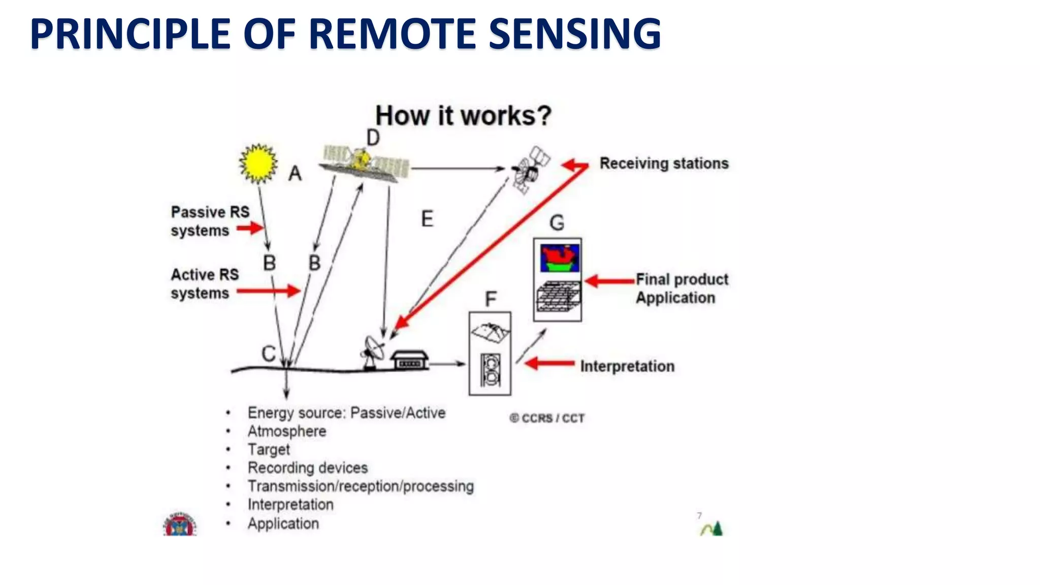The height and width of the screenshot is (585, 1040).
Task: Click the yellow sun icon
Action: (x=258, y=163)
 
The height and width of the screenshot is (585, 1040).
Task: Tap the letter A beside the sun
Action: (x=295, y=174)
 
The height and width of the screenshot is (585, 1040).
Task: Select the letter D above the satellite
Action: (x=373, y=138)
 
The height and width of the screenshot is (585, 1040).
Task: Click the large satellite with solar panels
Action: (x=365, y=162)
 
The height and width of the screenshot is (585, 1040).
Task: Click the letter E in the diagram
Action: (x=427, y=219)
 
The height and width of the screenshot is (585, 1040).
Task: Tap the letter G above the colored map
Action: (x=557, y=222)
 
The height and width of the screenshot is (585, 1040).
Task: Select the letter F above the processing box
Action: (x=491, y=299)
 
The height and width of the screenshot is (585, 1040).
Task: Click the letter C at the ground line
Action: (x=269, y=353)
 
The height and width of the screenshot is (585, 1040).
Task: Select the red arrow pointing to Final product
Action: (x=609, y=281)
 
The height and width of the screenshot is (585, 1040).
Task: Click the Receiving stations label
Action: (x=664, y=164)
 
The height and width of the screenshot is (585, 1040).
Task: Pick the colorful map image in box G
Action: (x=559, y=258)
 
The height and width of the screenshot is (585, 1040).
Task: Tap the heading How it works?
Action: (x=463, y=116)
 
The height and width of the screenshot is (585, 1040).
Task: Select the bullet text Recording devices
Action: (x=307, y=468)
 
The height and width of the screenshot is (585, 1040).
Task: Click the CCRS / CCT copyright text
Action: (x=547, y=418)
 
